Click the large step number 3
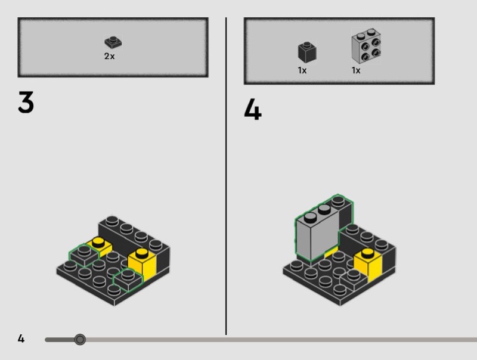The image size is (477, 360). coord(26,102)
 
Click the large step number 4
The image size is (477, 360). coord(252,109)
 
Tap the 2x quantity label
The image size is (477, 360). coord(110,56)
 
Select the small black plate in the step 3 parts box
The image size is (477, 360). coord(113,42)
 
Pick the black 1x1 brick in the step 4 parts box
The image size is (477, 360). coord(307,52)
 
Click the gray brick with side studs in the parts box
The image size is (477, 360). coord(366,46)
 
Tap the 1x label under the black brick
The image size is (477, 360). coord(302,70)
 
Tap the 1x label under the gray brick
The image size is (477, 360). coord(356,70)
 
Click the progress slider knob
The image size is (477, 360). coord(80,339)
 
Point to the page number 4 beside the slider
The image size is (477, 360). coord(21,339)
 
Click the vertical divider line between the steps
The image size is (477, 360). coord(226,176)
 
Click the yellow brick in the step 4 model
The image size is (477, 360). coord(368,265)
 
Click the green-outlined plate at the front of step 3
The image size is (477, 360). coord(128,280)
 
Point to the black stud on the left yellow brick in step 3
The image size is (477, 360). coord(98,242)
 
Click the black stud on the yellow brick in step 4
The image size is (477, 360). coord(368,252)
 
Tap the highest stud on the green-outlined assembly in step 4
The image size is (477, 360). coord(338,200)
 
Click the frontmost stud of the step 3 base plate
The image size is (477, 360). coord(114,289)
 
